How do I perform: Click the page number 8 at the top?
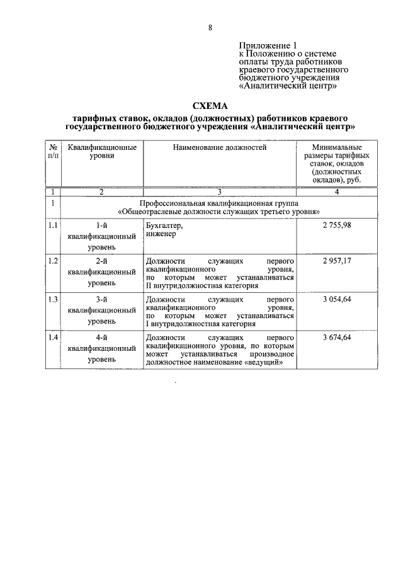(x=210, y=27)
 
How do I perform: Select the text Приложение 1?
(x=267, y=45)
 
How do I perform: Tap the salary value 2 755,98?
(x=336, y=225)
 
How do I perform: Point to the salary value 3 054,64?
(x=336, y=299)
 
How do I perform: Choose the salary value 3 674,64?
(x=336, y=338)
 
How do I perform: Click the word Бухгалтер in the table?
(x=164, y=225)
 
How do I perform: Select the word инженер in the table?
(x=161, y=234)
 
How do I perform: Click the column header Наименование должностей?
(x=219, y=147)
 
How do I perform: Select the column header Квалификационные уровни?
(x=101, y=151)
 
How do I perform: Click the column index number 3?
(x=219, y=191)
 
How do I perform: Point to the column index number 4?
(x=336, y=191)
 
